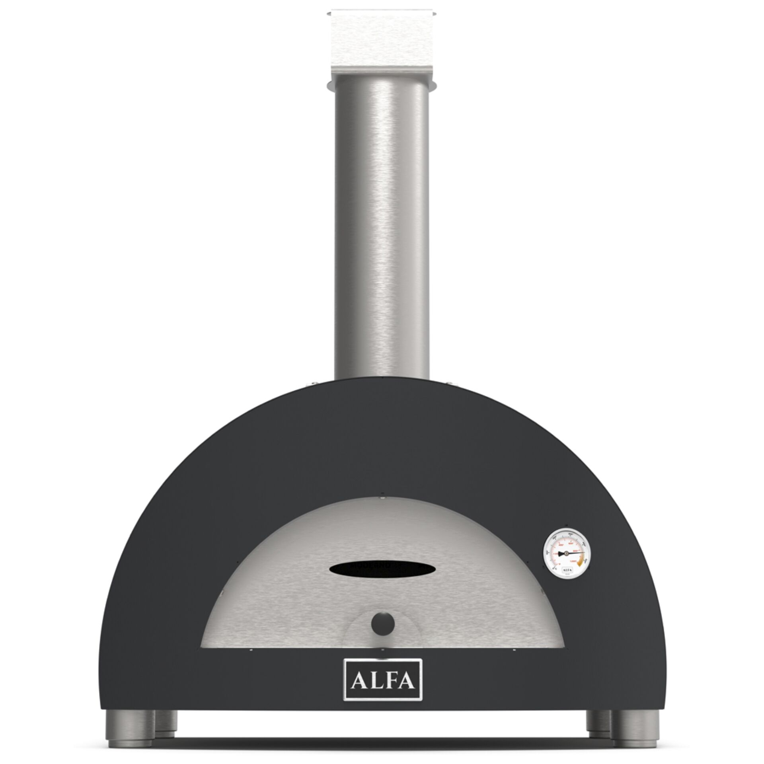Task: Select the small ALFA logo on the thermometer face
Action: click(x=567, y=570)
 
